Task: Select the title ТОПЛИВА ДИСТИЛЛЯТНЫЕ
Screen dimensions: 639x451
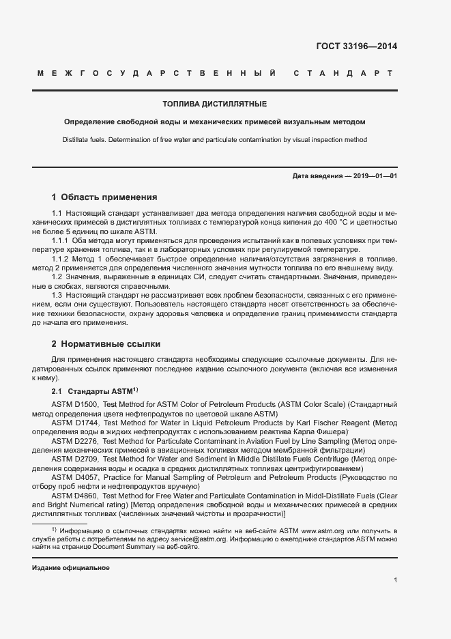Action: coord(214,104)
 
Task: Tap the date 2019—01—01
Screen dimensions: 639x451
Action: coord(375,176)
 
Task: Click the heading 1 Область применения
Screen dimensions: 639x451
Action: coord(104,197)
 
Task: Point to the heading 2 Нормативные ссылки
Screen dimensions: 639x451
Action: coord(106,343)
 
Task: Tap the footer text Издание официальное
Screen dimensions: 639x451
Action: coord(71,568)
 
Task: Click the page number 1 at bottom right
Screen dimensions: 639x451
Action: coord(396,580)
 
